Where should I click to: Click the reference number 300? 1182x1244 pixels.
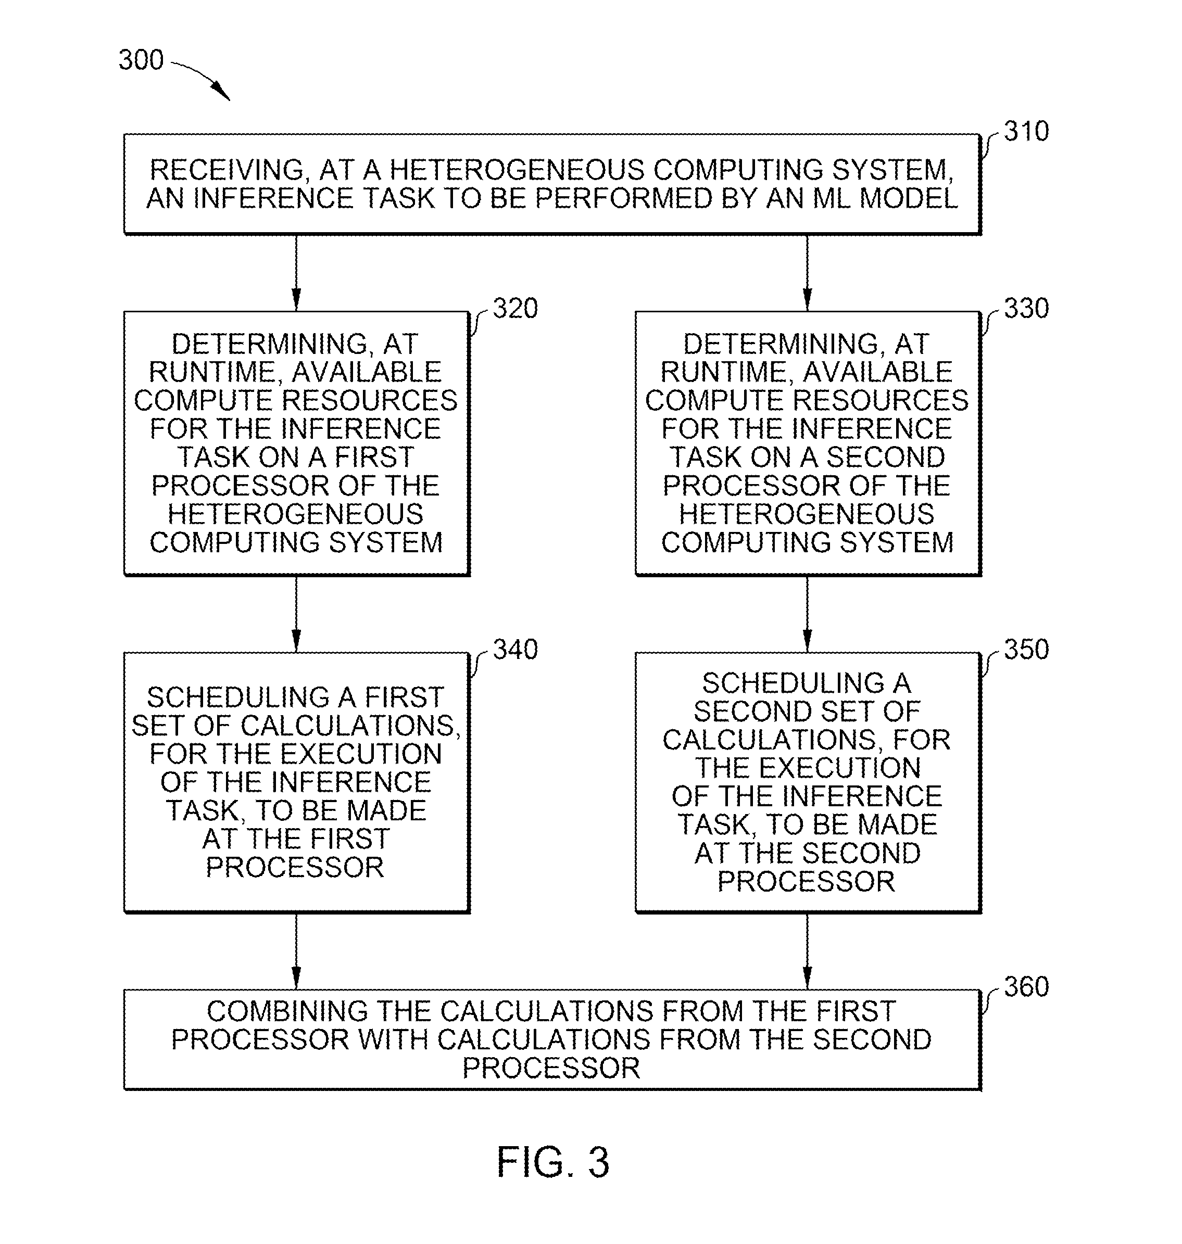coord(141,60)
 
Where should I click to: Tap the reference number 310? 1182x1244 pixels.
coord(1026,131)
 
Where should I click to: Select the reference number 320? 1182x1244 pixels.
coord(515,309)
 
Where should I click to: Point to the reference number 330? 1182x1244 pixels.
coord(1026,309)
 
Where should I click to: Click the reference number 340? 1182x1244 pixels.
coord(515,650)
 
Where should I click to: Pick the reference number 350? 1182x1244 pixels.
coord(1026,650)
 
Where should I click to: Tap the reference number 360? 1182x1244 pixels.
coord(1026,986)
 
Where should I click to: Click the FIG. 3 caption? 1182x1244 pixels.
coord(552,1162)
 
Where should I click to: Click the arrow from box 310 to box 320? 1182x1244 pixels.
coord(296,273)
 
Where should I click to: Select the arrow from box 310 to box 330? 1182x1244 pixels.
coord(807,273)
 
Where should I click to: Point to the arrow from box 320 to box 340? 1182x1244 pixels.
coord(296,614)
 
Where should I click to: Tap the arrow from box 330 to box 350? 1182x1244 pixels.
coord(807,614)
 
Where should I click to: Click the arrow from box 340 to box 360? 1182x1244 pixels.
coord(296,950)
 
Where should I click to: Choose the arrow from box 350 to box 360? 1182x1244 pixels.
coord(807,950)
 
